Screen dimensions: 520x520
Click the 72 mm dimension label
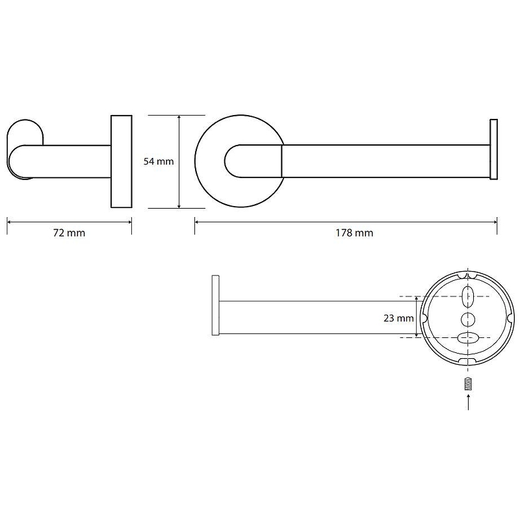coord(69,233)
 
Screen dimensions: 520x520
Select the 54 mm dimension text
coord(159,161)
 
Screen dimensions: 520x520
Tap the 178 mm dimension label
coord(354,233)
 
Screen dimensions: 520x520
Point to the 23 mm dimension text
coord(398,318)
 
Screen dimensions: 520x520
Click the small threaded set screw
coord(468,384)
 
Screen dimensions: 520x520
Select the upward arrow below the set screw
coord(468,402)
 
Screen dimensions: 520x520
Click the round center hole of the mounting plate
coord(467,320)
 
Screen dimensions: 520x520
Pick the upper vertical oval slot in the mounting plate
coord(467,296)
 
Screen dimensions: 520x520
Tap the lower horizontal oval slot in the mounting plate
coord(468,338)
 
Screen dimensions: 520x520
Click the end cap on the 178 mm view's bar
coord(493,149)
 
